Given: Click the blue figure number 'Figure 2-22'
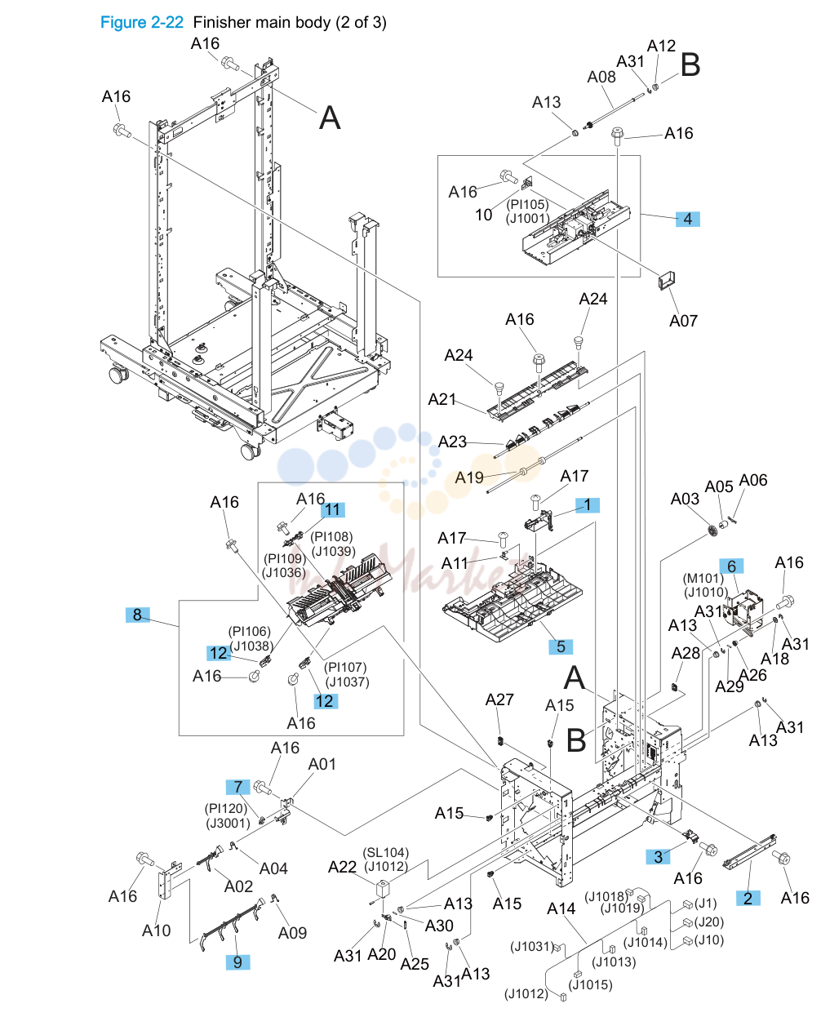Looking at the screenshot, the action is pos(141,22).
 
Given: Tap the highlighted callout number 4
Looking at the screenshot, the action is pos(687,219).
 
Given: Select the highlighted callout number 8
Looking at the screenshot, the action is pos(137,614).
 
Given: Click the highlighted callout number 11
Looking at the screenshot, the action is pos(332,509).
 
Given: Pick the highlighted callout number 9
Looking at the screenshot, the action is pos(237,962).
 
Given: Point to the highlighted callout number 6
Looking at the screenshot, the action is pos(731,566).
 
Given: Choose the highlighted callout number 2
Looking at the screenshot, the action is pos(748,899).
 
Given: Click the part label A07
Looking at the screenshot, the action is pos(683,321).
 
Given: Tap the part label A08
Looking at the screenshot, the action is pos(601,77).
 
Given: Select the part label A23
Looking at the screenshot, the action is pos(452,442).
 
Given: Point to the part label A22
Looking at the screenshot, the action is pos(342,867).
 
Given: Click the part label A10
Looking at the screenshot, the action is pos(156,930).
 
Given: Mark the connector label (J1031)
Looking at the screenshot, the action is pos(532,946).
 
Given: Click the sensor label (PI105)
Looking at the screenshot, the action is pos(527,204).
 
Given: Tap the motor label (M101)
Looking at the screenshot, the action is pos(703,578).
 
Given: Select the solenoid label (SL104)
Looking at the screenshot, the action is pos(386,852).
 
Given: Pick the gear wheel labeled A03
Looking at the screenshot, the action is pos(712,530).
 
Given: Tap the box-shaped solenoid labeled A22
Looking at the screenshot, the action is pos(383,889).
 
